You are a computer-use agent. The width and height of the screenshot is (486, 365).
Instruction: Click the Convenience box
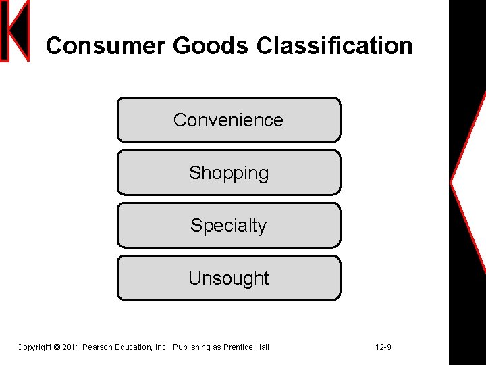tap(228, 120)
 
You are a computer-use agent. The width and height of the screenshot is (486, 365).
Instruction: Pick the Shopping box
tap(228, 172)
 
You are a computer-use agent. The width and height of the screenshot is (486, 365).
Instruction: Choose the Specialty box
tap(228, 225)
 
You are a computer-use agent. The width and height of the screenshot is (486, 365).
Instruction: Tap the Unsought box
tap(228, 278)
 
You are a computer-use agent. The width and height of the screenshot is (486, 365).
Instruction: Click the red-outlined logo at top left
tap(15, 31)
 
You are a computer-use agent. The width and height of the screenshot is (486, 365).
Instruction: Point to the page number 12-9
tap(383, 347)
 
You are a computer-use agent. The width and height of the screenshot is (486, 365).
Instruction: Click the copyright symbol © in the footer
tap(57, 347)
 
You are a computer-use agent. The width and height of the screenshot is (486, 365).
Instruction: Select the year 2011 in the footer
tap(71, 347)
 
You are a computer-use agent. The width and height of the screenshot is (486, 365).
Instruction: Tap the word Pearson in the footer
tap(97, 347)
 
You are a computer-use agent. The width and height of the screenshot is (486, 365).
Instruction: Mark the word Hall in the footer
tap(263, 347)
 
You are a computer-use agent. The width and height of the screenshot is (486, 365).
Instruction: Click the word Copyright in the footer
tap(34, 347)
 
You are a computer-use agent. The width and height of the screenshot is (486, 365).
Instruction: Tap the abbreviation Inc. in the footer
tap(161, 347)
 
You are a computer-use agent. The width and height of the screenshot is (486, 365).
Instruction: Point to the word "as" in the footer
tap(217, 347)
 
